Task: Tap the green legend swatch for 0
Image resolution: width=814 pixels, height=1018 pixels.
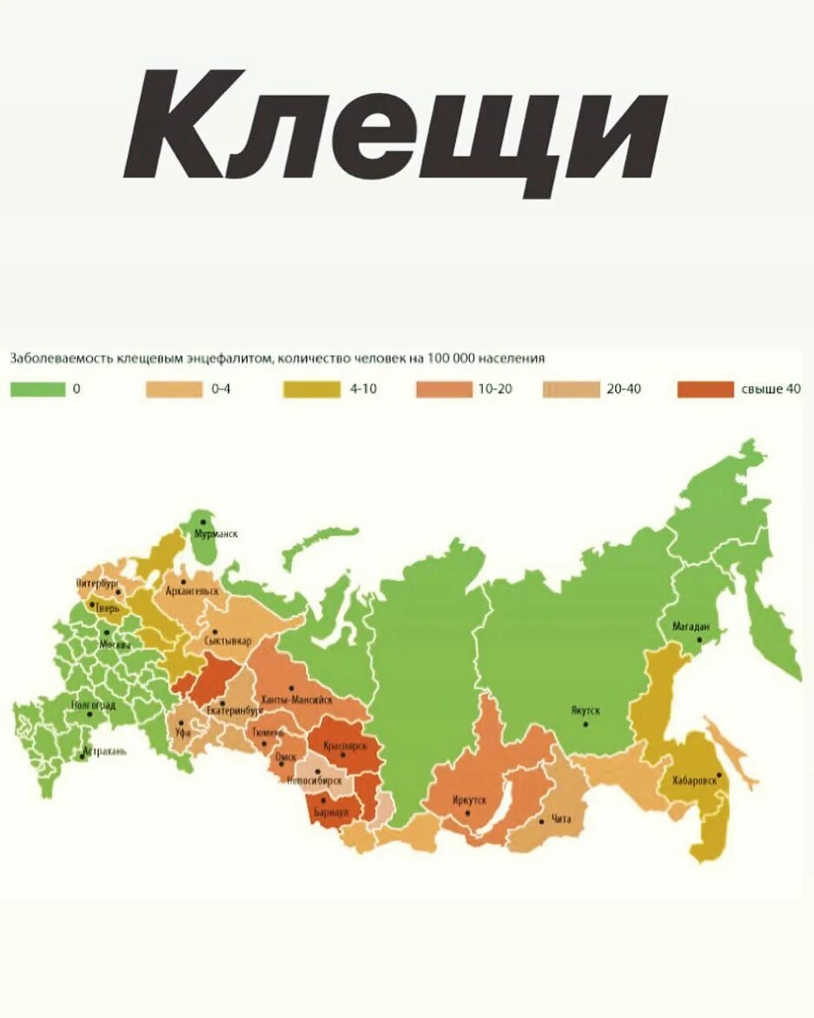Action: pos(36,389)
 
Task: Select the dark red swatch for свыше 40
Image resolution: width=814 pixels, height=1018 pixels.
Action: pos(705,389)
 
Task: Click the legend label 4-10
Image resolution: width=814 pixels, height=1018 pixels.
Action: pos(363,389)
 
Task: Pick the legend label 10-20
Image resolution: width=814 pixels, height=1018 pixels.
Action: pos(494,389)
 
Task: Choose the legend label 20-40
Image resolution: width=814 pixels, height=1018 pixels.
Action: pos(624,389)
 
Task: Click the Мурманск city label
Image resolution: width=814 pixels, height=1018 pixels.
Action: pos(216,534)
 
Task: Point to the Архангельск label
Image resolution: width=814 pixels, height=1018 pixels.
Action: pos(193,590)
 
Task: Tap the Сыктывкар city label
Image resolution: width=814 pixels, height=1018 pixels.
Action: pos(228,641)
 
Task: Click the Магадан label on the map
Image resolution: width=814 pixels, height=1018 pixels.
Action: pos(692,626)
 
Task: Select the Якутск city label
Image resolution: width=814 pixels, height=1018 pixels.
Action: pos(585,710)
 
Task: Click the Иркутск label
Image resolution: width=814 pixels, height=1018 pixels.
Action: pos(470,799)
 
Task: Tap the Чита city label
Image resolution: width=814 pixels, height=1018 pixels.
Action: pos(561,819)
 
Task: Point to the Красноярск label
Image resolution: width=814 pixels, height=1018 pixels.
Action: pos(345,746)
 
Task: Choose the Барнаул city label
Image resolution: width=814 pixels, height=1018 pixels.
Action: pos(331,811)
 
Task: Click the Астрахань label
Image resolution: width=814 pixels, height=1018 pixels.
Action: pos(105,751)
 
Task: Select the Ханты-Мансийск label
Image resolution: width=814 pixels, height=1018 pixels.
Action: pos(296,700)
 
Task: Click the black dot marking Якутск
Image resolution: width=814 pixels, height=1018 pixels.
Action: pos(586,723)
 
